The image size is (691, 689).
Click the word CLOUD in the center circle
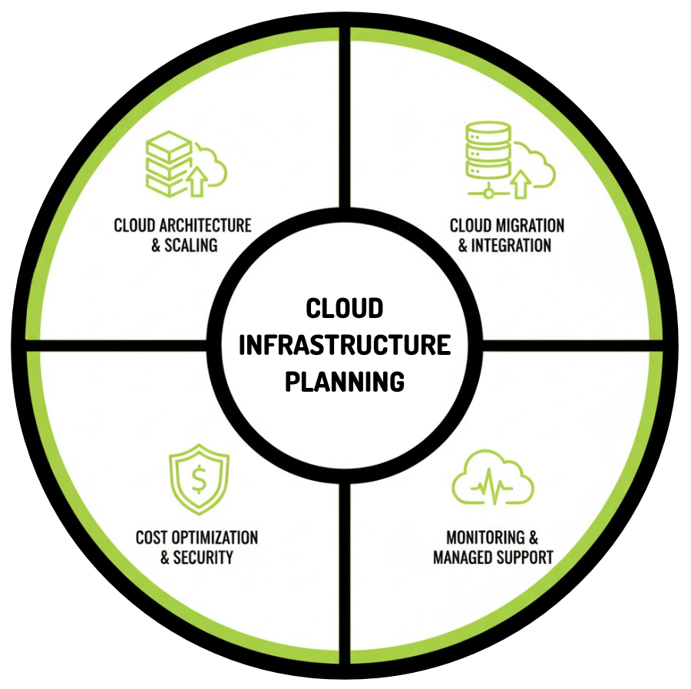tap(344, 309)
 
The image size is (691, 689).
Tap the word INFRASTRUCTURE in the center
tap(344, 345)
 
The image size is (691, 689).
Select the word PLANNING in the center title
tap(344, 381)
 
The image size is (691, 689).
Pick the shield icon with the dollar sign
tap(199, 482)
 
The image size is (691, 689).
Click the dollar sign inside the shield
tap(199, 482)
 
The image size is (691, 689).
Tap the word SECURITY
tap(203, 558)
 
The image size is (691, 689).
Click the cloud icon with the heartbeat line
tap(493, 482)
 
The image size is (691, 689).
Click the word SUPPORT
tap(526, 558)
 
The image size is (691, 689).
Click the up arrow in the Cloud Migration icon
tap(522, 183)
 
